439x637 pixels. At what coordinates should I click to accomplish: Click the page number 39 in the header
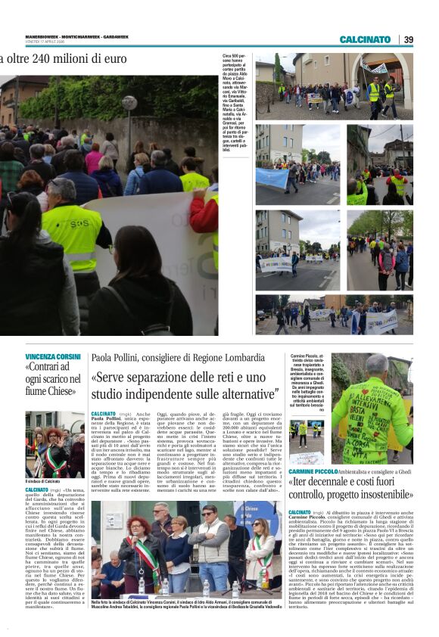click(x=409, y=39)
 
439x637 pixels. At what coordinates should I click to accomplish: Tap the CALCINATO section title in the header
click(x=365, y=39)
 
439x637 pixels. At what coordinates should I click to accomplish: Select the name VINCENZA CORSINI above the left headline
click(x=53, y=356)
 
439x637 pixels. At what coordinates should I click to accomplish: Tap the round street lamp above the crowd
click(x=129, y=102)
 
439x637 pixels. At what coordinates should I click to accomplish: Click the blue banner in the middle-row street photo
click(x=272, y=179)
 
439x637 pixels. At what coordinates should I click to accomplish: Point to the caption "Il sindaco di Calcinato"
click(x=42, y=481)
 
